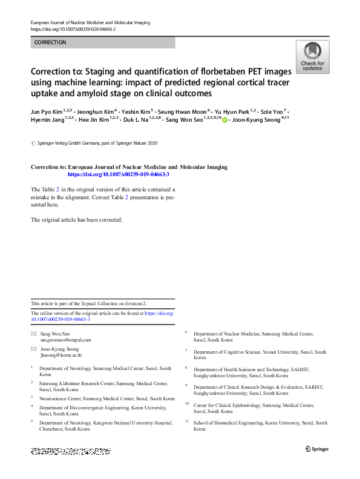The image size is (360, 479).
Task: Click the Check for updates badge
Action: (312, 57)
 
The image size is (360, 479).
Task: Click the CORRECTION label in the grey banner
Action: (51, 42)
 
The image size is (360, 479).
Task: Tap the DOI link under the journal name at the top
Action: (72, 29)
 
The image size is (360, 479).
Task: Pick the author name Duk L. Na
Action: (137, 121)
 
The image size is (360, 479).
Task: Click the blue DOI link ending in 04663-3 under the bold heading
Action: (119, 174)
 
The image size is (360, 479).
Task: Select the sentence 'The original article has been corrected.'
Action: (77, 219)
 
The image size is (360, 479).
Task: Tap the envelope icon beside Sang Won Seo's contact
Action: (33, 334)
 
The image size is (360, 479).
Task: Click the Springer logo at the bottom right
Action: (316, 448)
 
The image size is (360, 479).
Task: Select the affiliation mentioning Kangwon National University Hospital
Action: (104, 425)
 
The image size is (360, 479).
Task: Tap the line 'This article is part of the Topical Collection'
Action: (88, 303)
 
